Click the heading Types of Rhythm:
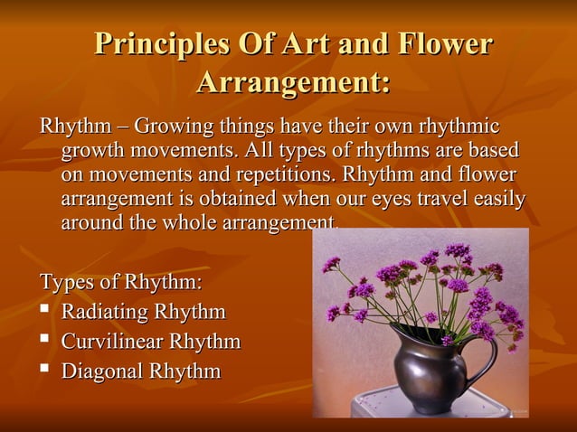pyautogui.click(x=121, y=282)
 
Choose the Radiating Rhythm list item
pyautogui.click(x=142, y=313)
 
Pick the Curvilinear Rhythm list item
pyautogui.click(x=150, y=342)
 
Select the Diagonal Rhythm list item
pyautogui.click(x=140, y=371)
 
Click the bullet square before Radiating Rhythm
pyautogui.click(x=44, y=313)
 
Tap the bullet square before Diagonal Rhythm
pyautogui.click(x=44, y=371)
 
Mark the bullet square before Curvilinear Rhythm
pyautogui.click(x=44, y=342)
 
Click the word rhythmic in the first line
pyautogui.click(x=457, y=125)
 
